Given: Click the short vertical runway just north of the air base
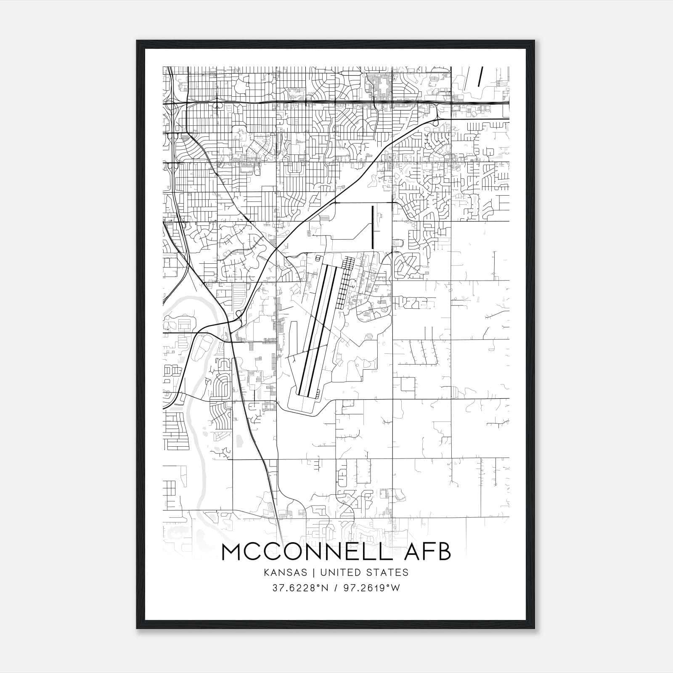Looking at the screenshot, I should click(373, 227).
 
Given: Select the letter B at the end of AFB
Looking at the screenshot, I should click(442, 552).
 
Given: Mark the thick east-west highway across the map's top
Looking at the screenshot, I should click(336, 102).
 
